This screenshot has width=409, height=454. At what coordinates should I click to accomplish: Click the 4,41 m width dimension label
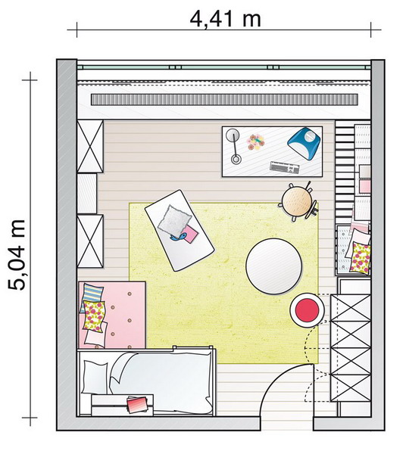click(225, 20)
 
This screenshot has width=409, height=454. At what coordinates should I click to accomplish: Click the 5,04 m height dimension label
click(17, 255)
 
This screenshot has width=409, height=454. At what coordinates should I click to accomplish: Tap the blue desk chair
click(304, 143)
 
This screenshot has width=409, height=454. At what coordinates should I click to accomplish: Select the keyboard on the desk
click(284, 167)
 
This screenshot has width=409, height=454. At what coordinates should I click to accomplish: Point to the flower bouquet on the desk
click(256, 142)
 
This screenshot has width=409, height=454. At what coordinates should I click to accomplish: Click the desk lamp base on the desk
click(236, 159)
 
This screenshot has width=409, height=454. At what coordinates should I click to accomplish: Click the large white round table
click(274, 266)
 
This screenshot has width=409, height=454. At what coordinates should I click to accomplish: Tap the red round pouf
click(308, 309)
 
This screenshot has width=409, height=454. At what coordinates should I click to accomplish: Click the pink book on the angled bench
click(189, 234)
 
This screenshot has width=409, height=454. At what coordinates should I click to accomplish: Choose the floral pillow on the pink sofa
click(94, 316)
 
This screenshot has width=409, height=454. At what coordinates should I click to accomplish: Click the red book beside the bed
click(137, 404)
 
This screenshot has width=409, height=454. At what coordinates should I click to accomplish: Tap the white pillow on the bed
click(95, 377)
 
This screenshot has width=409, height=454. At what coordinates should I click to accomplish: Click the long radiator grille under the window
click(225, 99)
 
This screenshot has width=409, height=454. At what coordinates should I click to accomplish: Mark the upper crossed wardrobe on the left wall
click(90, 147)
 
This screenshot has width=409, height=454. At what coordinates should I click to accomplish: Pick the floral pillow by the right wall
click(361, 258)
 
